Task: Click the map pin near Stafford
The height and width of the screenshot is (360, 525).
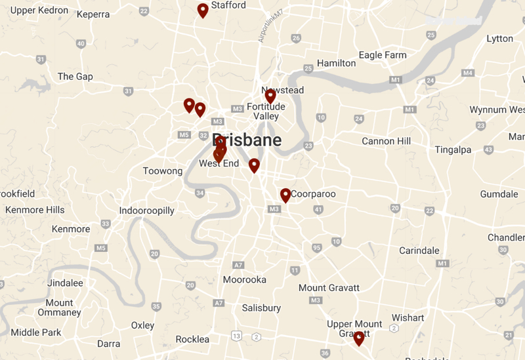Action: point(203,10)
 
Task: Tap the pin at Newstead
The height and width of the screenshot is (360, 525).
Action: point(270,96)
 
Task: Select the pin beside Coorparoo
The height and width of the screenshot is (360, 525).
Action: point(285,195)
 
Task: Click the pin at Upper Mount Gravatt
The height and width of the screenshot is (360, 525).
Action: point(358,338)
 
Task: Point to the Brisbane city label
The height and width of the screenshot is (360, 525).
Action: point(247,140)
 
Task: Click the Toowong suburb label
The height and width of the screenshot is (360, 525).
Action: point(163,171)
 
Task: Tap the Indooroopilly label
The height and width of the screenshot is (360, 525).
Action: point(147,210)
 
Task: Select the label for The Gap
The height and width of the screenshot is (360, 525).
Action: point(75,77)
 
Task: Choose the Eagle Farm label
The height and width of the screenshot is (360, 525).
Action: point(383,55)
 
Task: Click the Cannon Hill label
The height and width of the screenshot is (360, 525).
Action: point(387,141)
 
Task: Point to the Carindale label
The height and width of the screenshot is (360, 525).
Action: point(419,250)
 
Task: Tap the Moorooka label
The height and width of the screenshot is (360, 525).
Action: point(244,279)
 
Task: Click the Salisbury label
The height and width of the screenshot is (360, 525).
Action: point(261,308)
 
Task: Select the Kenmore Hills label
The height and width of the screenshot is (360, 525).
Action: point(35,210)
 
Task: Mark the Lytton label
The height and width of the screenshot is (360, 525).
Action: point(499,39)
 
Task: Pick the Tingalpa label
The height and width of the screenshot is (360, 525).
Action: point(453,150)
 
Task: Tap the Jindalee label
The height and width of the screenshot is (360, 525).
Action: point(65,283)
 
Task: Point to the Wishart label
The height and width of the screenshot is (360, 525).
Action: point(408,317)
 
